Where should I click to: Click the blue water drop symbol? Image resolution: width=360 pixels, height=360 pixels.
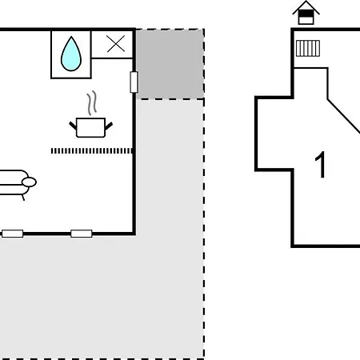[x=71, y=54]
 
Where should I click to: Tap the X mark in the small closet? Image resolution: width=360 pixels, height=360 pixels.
[x=116, y=43]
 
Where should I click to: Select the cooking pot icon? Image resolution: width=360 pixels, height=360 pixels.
[x=90, y=127]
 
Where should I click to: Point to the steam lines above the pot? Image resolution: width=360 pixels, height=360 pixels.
[x=91, y=103]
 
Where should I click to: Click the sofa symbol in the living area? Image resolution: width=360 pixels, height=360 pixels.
[x=16, y=184]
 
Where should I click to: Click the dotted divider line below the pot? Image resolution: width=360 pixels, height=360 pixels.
[x=92, y=151]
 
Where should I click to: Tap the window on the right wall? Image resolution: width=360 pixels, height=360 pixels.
[x=134, y=82]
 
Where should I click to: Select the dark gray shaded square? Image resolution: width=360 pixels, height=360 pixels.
[x=170, y=64]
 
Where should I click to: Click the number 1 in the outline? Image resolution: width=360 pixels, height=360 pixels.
[x=321, y=165]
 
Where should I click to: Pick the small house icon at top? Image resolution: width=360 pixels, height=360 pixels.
[x=306, y=13]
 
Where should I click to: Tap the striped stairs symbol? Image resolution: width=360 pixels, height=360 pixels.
[x=308, y=48]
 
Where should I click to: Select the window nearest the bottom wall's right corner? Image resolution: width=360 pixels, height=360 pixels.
[x=82, y=234]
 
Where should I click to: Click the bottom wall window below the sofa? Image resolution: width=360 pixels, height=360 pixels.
[x=12, y=234]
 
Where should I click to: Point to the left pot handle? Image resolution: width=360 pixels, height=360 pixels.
[x=73, y=126]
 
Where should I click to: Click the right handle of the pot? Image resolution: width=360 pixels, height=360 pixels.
[x=109, y=126]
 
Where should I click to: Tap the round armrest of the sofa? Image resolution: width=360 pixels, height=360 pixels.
[x=29, y=182]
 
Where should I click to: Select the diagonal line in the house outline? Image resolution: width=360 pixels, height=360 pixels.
[x=344, y=116]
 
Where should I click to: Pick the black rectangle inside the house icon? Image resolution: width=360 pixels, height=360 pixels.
[x=306, y=14]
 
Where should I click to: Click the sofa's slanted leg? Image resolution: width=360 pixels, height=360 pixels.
[x=23, y=198]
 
